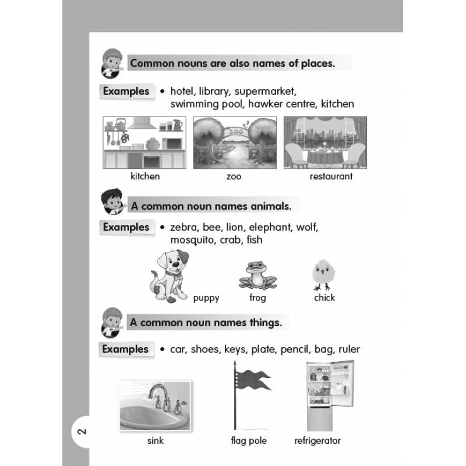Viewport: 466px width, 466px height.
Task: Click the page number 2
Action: point(82,432)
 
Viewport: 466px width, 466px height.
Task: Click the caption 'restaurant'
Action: point(331,176)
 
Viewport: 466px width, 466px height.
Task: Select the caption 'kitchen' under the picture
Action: point(145,176)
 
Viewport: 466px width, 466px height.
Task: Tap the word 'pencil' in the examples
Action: point(295,349)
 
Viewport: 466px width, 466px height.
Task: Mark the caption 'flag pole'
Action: point(249,440)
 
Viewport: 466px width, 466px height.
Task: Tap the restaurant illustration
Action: point(325,143)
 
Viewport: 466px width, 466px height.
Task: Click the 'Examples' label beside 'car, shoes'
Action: point(125,349)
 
